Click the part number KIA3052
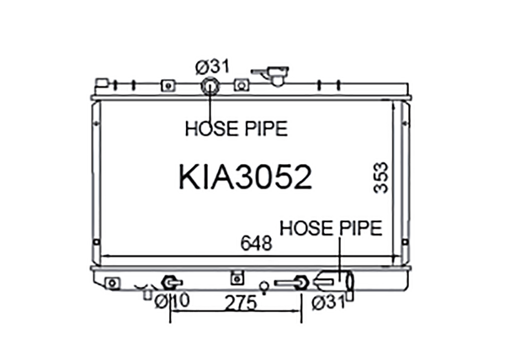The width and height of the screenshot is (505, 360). click(x=245, y=177)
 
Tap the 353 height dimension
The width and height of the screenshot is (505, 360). click(x=380, y=177)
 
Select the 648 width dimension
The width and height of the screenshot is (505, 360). click(x=257, y=243)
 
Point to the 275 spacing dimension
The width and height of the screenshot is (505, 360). click(x=241, y=303)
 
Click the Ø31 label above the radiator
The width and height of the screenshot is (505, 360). click(x=213, y=66)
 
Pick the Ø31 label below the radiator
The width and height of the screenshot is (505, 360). click(x=328, y=303)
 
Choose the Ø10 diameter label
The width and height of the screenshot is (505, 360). click(x=172, y=301)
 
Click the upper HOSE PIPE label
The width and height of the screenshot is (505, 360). click(x=236, y=129)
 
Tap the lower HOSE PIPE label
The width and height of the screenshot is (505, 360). click(x=331, y=228)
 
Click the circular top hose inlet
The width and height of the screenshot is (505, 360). click(x=210, y=87)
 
